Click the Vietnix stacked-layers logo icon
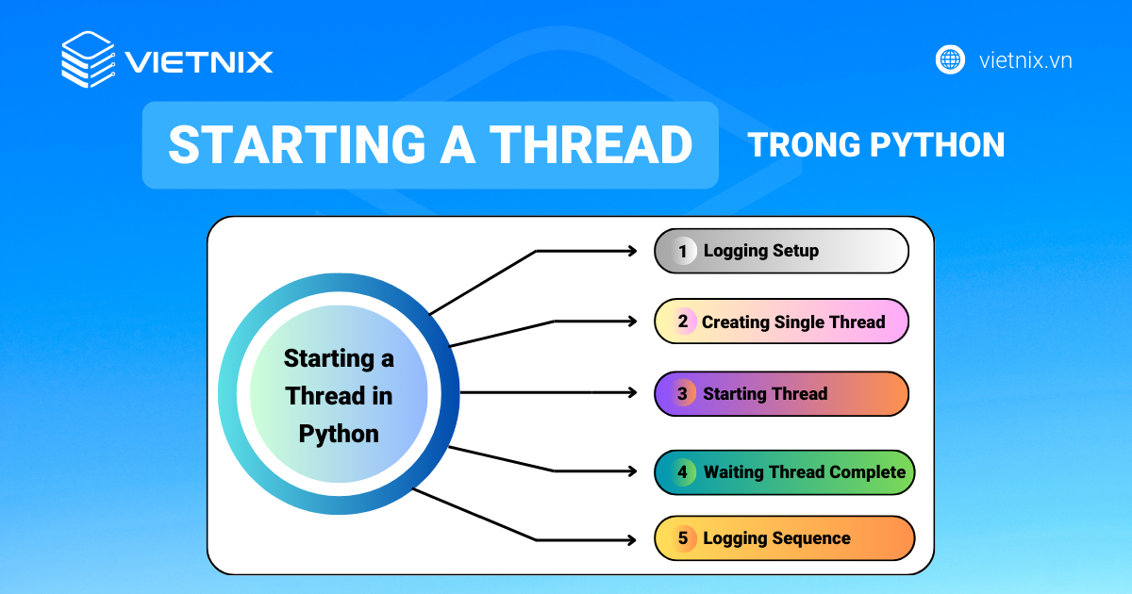(88, 60)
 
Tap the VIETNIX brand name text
(199, 62)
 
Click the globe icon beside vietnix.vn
(950, 60)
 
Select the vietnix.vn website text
(1025, 60)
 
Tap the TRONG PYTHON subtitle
(875, 145)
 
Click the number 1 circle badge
(682, 252)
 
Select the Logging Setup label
(760, 251)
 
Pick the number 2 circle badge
(682, 322)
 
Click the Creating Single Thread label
(792, 322)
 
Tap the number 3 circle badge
(682, 393)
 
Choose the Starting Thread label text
(764, 393)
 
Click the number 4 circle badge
(682, 471)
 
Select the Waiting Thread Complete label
(804, 471)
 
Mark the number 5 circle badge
(682, 538)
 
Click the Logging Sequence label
(776, 538)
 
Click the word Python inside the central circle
(339, 434)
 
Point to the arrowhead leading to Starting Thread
(633, 392)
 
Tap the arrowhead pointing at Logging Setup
(633, 251)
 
